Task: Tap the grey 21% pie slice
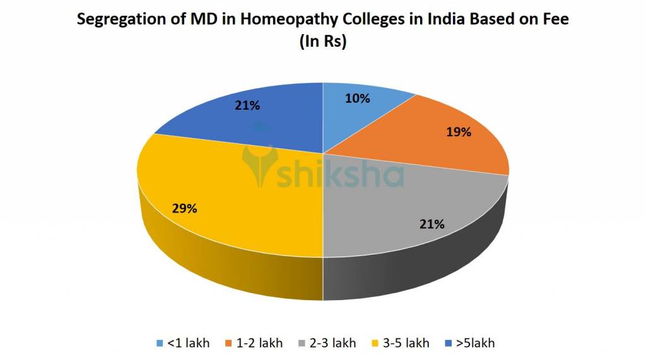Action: point(404,208)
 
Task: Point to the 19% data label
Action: point(459,132)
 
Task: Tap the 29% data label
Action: point(184,208)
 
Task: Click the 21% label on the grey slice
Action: point(433,224)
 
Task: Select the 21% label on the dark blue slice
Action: point(247,105)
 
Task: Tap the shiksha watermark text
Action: point(341,175)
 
